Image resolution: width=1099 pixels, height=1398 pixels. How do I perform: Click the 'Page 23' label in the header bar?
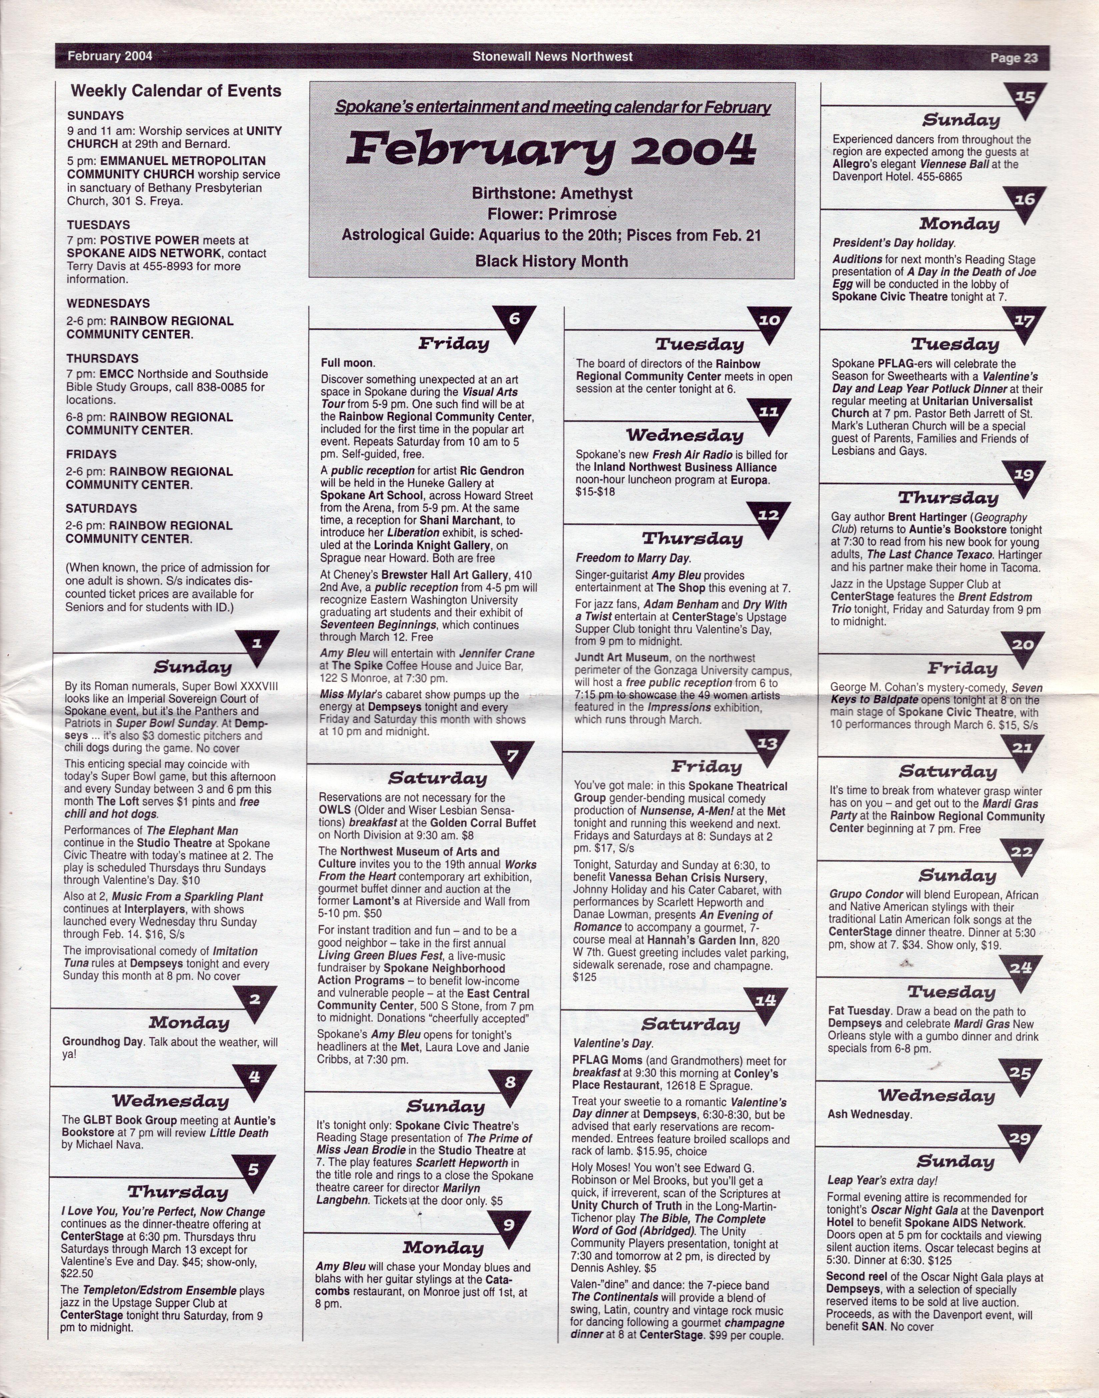pyautogui.click(x=1014, y=58)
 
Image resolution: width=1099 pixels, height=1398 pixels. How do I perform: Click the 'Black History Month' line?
pyautogui.click(x=552, y=261)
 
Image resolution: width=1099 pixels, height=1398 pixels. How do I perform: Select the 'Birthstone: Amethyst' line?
pyautogui.click(x=552, y=193)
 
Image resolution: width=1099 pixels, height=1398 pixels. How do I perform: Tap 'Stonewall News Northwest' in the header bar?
pyautogui.click(x=552, y=57)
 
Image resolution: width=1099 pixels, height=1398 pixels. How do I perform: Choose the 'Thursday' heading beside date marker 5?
pyautogui.click(x=178, y=1192)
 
